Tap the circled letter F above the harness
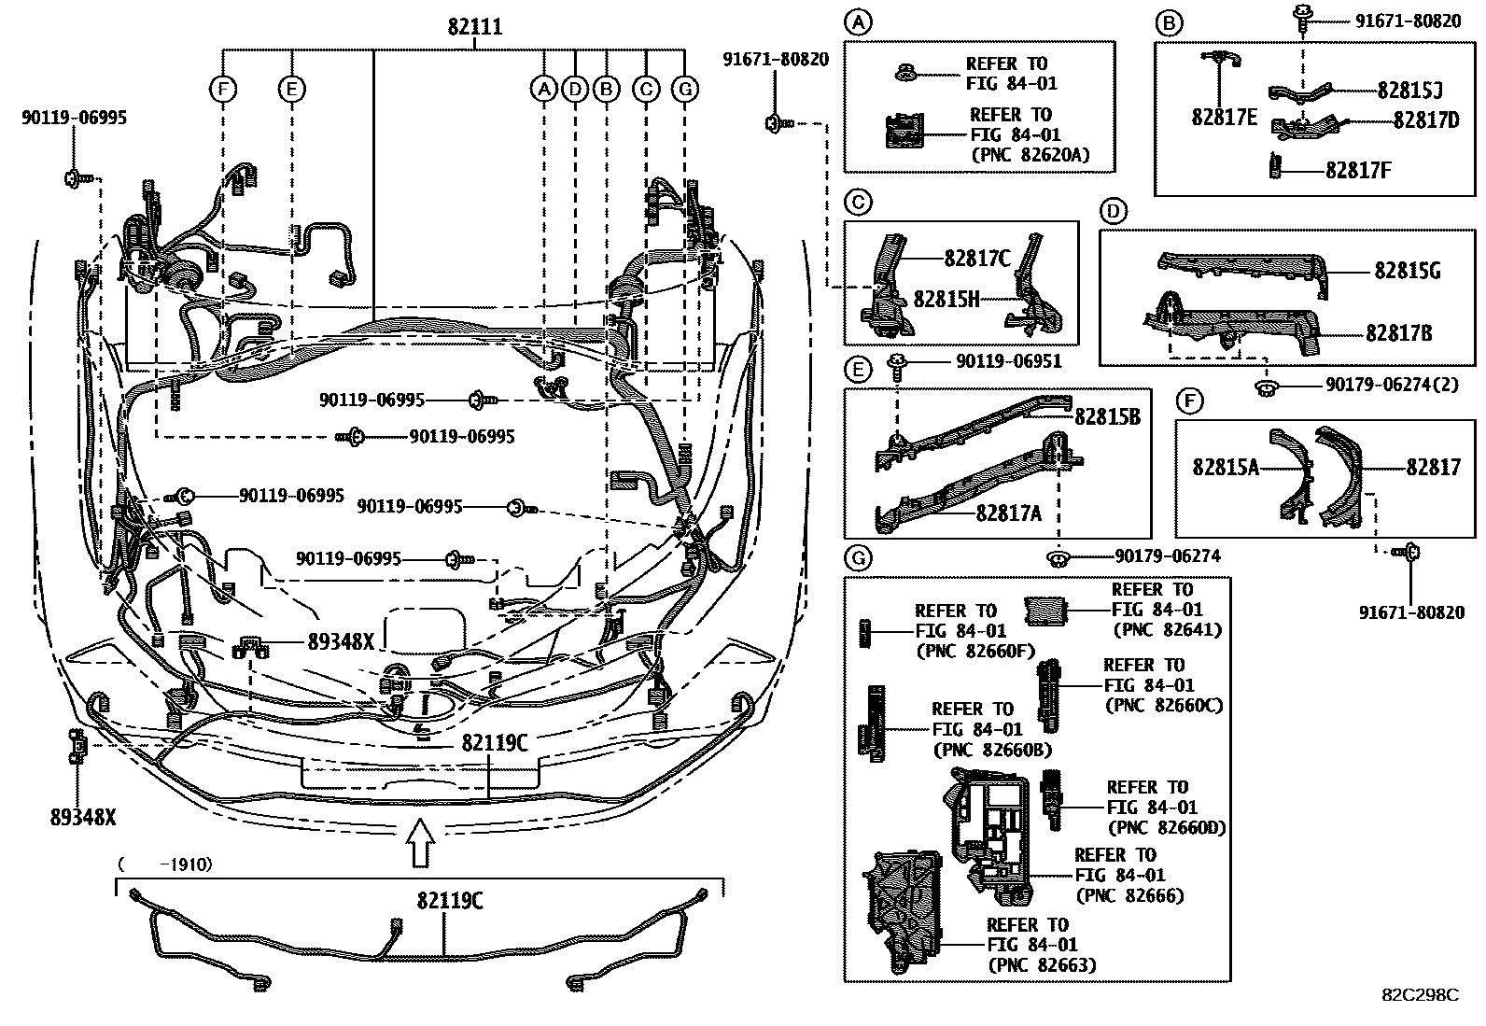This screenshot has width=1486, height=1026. pyautogui.click(x=223, y=90)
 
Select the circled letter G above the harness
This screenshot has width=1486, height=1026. pyautogui.click(x=685, y=90)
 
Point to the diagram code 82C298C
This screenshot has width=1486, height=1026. pyautogui.click(x=1419, y=995)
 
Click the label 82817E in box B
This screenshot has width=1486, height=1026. pyautogui.click(x=1224, y=119)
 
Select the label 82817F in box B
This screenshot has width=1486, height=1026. pyautogui.click(x=1358, y=170)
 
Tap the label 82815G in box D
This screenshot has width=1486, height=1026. pyautogui.click(x=1408, y=271)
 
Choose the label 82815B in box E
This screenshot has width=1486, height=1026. pyautogui.click(x=1107, y=416)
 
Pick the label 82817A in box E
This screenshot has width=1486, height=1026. pyautogui.click(x=1009, y=513)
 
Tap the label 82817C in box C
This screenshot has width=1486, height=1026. pyautogui.click(x=977, y=259)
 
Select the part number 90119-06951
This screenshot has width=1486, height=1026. pyautogui.click(x=1008, y=361)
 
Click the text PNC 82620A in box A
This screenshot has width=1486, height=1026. pyautogui.click(x=1030, y=155)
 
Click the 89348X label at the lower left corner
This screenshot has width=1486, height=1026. pyautogui.click(x=83, y=818)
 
